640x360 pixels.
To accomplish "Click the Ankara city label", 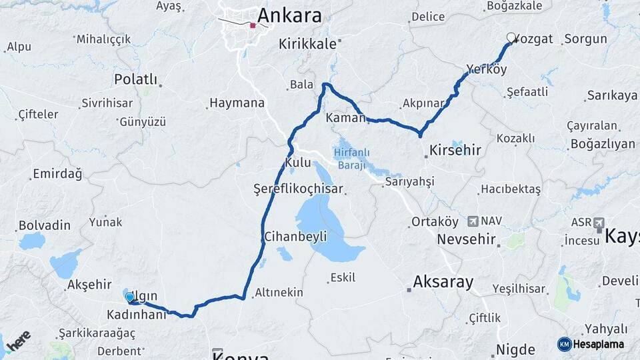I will click(x=289, y=15).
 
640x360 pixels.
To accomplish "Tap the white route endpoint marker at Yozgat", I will click(x=511, y=38).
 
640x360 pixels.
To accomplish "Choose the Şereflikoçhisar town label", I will click(x=298, y=189).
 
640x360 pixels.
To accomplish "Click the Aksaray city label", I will click(x=443, y=281).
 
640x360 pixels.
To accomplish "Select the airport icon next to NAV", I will click(x=473, y=221).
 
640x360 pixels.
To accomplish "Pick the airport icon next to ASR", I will click(x=598, y=222).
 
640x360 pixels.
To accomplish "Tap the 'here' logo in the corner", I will click(x=18, y=341).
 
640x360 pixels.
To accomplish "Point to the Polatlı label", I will click(x=135, y=80).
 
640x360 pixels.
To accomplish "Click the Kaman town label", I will click(x=345, y=117).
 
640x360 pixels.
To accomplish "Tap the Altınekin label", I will click(x=279, y=292).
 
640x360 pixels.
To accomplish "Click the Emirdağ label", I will click(x=57, y=175).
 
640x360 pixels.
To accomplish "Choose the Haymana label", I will click(x=237, y=103).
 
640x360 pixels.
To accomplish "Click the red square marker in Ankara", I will click(x=253, y=27).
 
